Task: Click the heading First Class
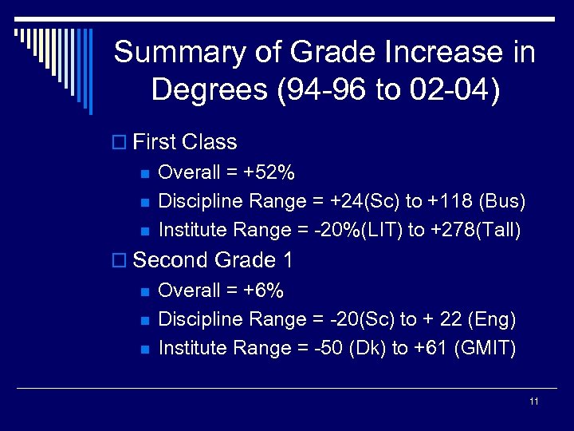coord(185,142)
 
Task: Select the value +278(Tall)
coord(476,231)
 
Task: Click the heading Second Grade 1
coord(213,260)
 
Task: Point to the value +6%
coord(265,290)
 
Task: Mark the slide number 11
coord(534,401)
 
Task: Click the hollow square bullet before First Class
coord(120,143)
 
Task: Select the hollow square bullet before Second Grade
coord(120,261)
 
